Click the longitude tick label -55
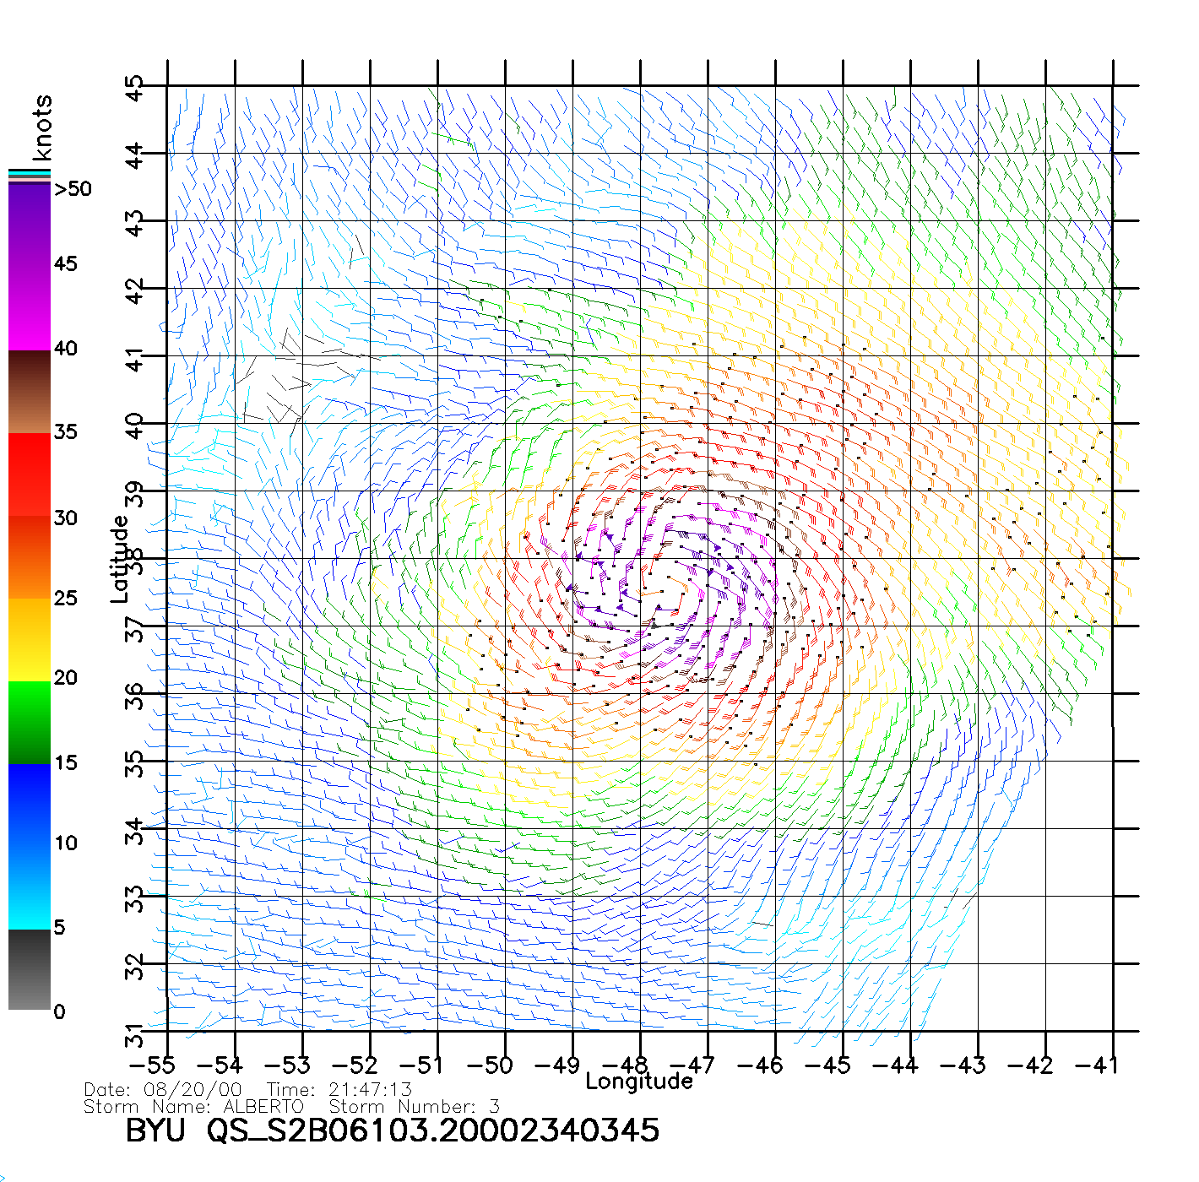(x=152, y=1065)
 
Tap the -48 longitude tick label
(x=625, y=1065)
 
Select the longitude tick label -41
(x=1097, y=1065)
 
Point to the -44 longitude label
(x=895, y=1065)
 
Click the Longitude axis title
(x=639, y=1082)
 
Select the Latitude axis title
(x=120, y=559)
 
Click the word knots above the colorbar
(x=42, y=127)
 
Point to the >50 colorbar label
(x=73, y=189)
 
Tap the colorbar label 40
(x=65, y=349)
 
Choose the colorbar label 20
(x=65, y=678)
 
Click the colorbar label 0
(x=59, y=1011)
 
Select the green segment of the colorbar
(x=30, y=722)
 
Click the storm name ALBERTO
(x=263, y=1106)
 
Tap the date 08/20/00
(x=200, y=1089)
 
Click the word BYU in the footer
(x=155, y=1130)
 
